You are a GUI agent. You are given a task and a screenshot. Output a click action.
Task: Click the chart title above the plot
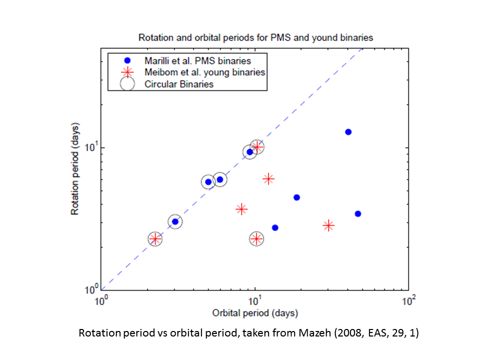coord(255,37)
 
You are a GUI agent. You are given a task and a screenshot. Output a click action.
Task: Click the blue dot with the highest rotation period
coord(348,132)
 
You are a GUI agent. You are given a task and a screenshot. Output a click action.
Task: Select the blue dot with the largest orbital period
coord(358,214)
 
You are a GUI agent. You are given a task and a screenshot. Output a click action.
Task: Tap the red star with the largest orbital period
coord(328,225)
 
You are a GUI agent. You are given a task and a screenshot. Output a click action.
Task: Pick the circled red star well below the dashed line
coord(256,239)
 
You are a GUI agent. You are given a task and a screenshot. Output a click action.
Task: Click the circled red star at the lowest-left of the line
coord(155,239)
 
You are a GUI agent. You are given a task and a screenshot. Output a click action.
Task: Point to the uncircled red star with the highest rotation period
coord(268,179)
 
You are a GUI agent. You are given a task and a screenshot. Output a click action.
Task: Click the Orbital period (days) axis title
coord(255,313)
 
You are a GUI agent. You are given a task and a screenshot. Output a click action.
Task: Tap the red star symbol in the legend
coord(127,72)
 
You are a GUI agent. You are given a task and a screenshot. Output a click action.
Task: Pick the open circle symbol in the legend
coord(127,83)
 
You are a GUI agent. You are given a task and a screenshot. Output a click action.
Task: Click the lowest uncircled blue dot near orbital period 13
coord(275,227)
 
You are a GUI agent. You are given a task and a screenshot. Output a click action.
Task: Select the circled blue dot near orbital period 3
coord(175,221)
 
